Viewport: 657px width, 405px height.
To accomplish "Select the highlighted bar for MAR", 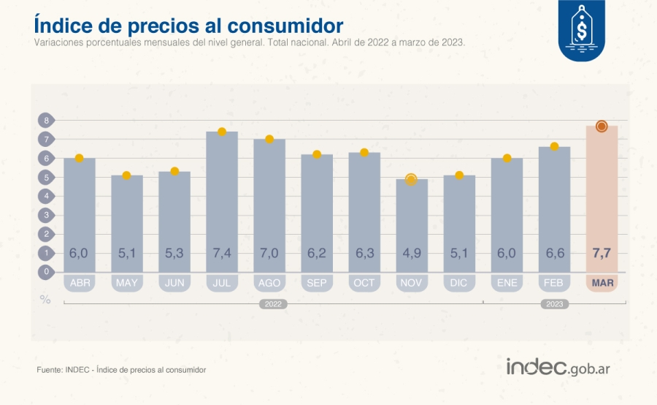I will tap(602, 197).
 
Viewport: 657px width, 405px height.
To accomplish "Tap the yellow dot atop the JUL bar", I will tap(222, 132).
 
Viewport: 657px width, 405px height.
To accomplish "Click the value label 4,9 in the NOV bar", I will tap(412, 253).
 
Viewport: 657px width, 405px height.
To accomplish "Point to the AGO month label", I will tap(269, 283).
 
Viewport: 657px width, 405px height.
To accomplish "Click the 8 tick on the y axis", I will tap(46, 120).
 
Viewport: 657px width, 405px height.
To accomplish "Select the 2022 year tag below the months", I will tap(272, 304).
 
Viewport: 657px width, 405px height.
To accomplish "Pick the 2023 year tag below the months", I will tap(555, 304).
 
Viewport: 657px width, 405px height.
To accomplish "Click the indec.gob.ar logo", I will tap(558, 368).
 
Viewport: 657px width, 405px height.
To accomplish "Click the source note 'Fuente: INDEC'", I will tap(121, 370).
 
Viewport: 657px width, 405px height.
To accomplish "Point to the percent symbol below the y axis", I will tap(45, 299).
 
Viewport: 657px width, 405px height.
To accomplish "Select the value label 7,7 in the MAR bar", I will tap(602, 253).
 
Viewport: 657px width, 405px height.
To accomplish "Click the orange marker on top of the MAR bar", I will tap(602, 126).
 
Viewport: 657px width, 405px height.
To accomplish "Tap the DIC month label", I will tap(459, 283).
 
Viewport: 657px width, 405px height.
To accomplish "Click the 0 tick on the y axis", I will tap(46, 271).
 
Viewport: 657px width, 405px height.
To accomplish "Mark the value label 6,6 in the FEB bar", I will tap(554, 253).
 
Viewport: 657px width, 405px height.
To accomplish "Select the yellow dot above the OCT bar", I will tap(364, 153).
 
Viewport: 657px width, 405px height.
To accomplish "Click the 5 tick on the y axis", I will tap(46, 177).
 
